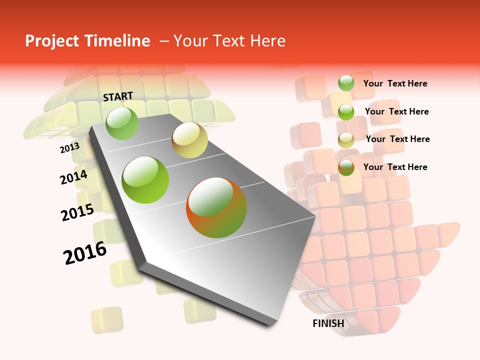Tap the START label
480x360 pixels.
(x=118, y=96)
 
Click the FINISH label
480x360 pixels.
(x=328, y=323)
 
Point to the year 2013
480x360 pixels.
(x=69, y=148)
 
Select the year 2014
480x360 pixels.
(x=73, y=177)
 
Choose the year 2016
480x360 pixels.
(x=85, y=253)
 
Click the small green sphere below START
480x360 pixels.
(x=122, y=123)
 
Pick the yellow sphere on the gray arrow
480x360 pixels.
(x=189, y=140)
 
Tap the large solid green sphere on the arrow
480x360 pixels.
(x=145, y=180)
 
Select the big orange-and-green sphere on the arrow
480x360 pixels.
(x=216, y=207)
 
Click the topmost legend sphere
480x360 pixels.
(x=346, y=83)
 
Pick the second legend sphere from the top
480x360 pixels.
(x=346, y=111)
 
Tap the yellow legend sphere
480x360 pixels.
(x=346, y=140)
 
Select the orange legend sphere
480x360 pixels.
(x=346, y=167)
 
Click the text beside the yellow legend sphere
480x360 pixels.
(x=397, y=139)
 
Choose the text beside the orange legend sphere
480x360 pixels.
(x=395, y=167)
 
